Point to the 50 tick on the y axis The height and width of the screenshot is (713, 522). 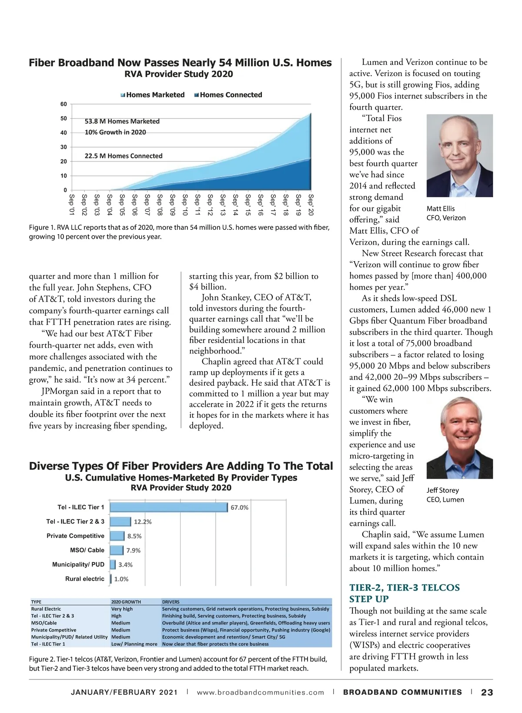click(64, 118)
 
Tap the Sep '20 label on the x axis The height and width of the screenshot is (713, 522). click(311, 205)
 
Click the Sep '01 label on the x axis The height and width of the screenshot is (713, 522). click(72, 205)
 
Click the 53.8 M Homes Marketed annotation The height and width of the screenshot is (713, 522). click(122, 121)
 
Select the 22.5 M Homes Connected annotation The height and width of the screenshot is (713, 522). click(124, 156)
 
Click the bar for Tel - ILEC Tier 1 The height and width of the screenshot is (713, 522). click(169, 507)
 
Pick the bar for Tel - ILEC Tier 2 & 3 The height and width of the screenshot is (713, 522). click(120, 521)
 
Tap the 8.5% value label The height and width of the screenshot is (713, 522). click(134, 536)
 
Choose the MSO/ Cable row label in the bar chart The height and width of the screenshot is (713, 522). click(87, 550)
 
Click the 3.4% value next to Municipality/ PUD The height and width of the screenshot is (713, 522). click(125, 565)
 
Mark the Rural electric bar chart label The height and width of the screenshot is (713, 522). click(85, 579)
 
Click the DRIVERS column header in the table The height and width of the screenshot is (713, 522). click(171, 602)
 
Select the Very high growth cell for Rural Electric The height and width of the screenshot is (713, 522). click(122, 609)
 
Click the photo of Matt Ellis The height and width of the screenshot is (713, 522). click(459, 155)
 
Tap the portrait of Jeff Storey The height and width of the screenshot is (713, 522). click(459, 438)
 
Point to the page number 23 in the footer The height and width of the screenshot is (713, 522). click(487, 692)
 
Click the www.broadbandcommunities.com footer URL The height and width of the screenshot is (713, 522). click(261, 692)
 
